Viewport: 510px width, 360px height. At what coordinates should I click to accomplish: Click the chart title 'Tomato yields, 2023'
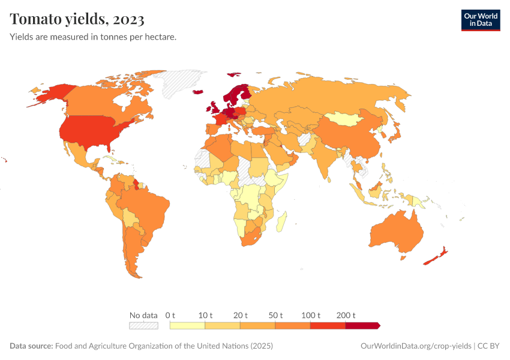pos(77,20)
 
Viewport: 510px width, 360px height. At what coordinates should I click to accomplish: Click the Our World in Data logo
pos(480,20)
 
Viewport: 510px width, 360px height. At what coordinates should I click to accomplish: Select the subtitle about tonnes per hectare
pos(93,37)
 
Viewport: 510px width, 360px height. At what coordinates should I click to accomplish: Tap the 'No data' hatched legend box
pos(143,325)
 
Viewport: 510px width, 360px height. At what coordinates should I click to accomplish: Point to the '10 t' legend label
pos(206,315)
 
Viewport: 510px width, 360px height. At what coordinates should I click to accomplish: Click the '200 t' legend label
pos(346,315)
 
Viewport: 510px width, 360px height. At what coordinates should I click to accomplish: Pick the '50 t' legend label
pos(276,315)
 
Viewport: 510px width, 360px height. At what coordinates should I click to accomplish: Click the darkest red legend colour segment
pos(362,325)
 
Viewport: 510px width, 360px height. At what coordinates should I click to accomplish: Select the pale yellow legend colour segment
pos(188,325)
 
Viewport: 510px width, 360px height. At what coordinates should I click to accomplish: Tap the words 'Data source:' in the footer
pos(31,346)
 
